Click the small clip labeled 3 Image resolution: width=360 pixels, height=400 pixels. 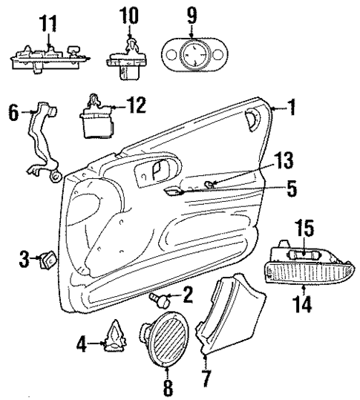point(50,260)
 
